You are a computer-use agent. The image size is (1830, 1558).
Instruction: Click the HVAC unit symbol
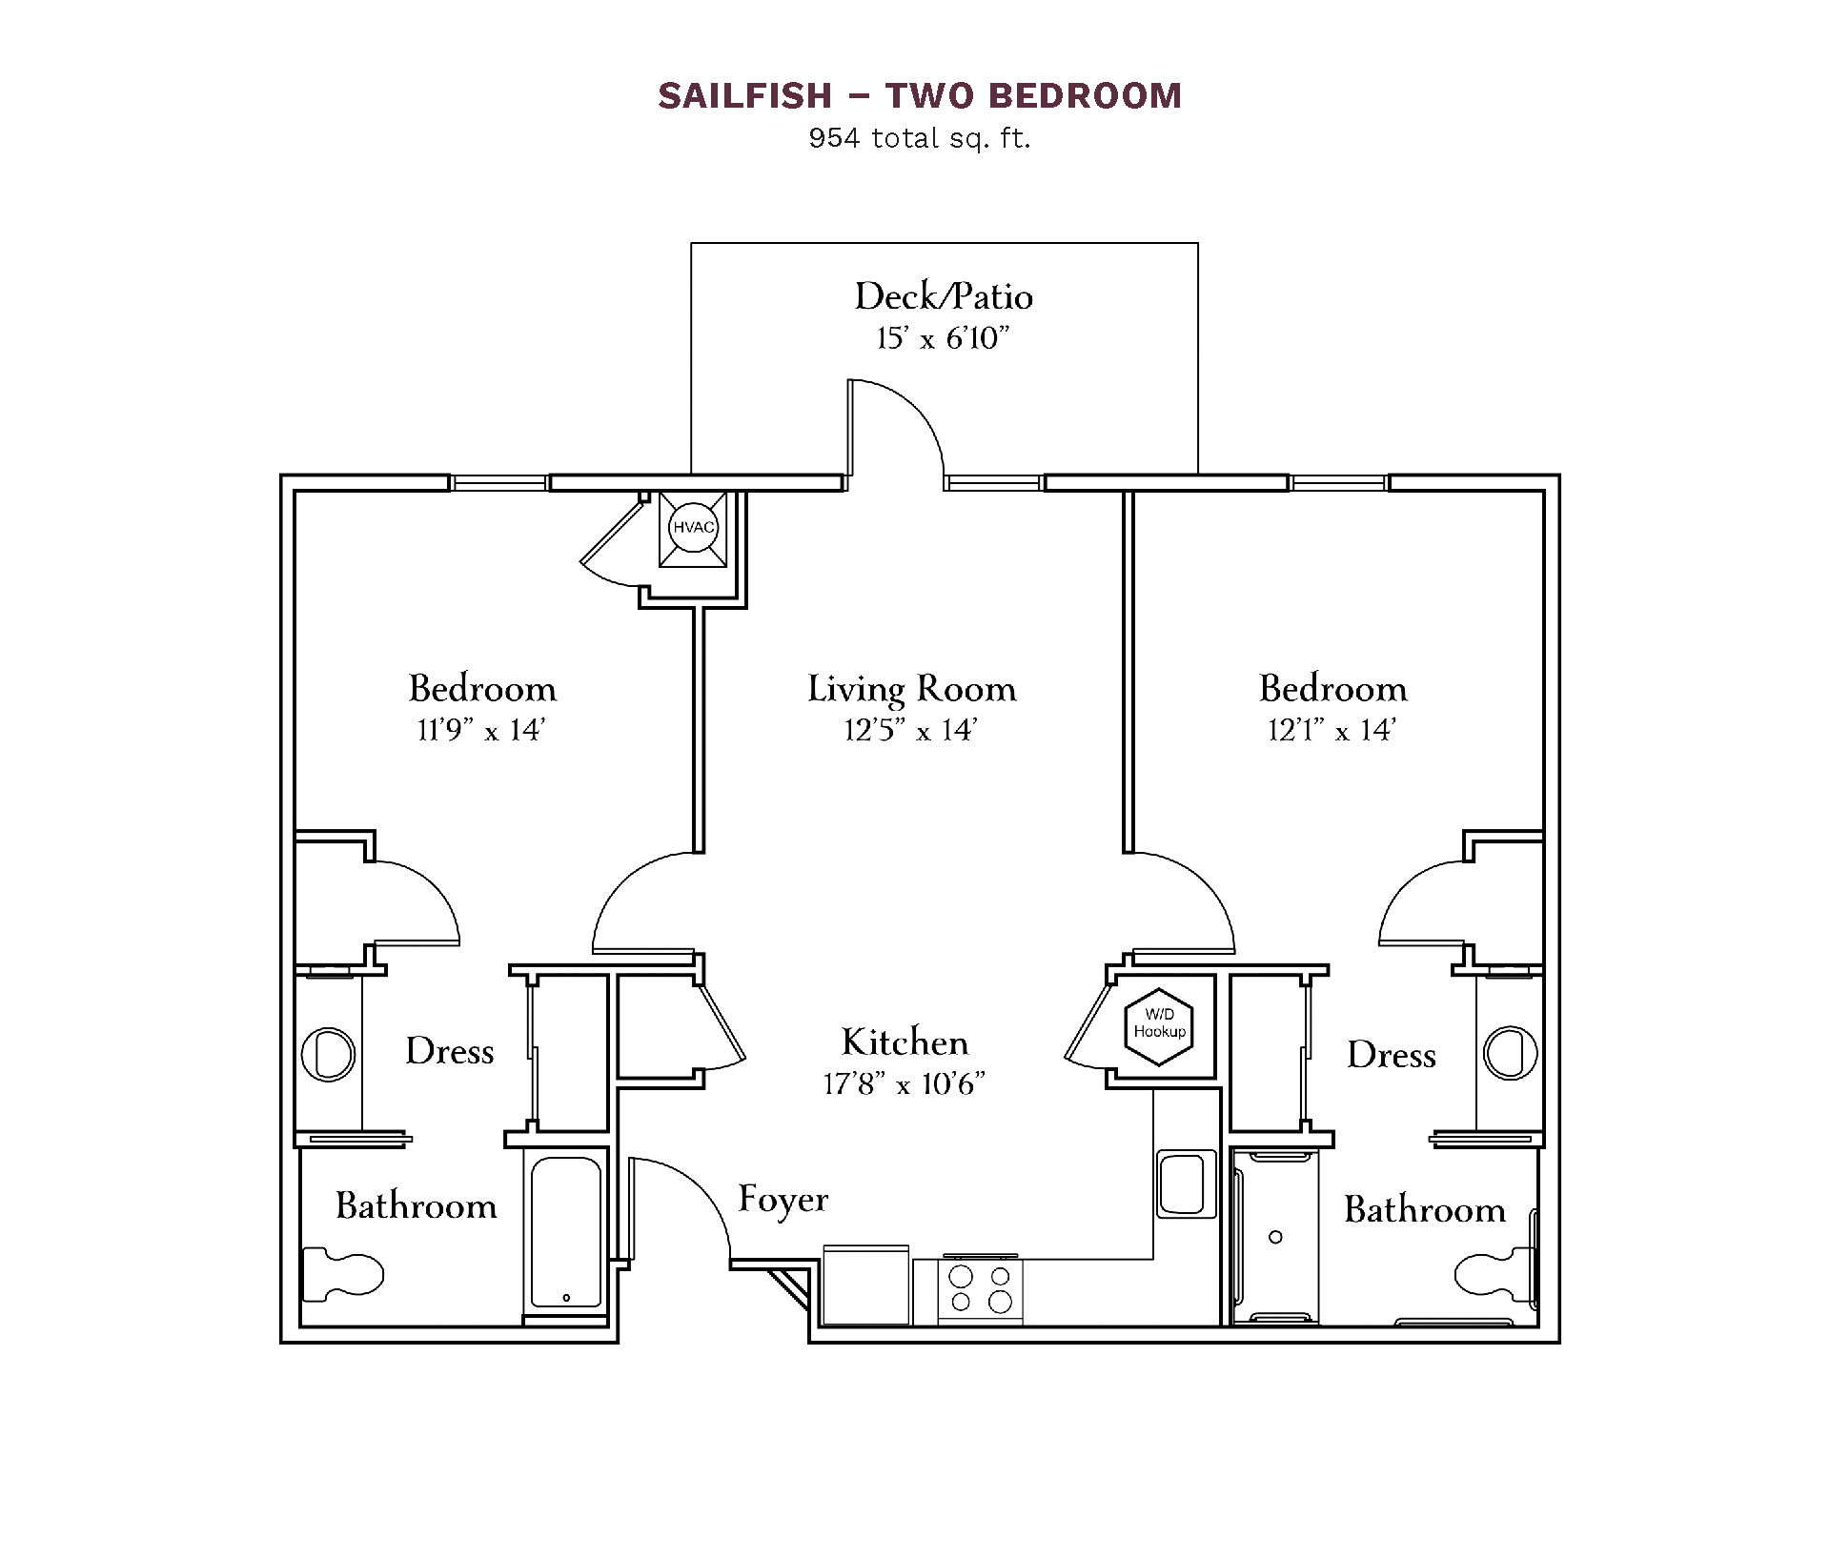point(694,528)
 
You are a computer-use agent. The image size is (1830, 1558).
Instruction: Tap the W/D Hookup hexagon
point(1159,1025)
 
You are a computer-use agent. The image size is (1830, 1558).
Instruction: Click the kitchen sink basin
point(1186,1184)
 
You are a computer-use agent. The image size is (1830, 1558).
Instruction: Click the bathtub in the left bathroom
point(565,1232)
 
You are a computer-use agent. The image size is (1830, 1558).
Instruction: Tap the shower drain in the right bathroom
point(1275,1237)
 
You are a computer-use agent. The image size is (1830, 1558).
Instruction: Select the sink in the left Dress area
point(328,1054)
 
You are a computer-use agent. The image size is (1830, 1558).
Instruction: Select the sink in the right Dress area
point(1511,1053)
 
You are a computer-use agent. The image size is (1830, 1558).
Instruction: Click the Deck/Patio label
point(944,296)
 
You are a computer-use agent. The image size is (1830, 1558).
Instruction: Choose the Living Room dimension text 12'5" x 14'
point(911,730)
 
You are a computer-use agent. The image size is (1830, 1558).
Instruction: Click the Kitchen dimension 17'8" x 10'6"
point(905,1083)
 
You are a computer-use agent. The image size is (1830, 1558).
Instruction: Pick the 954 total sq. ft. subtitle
point(920,139)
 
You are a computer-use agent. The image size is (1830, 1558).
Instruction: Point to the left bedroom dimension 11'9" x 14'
point(481,730)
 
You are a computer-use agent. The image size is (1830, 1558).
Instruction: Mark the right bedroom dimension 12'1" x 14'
point(1332,730)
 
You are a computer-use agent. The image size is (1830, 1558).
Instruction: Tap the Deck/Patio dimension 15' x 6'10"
point(944,338)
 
